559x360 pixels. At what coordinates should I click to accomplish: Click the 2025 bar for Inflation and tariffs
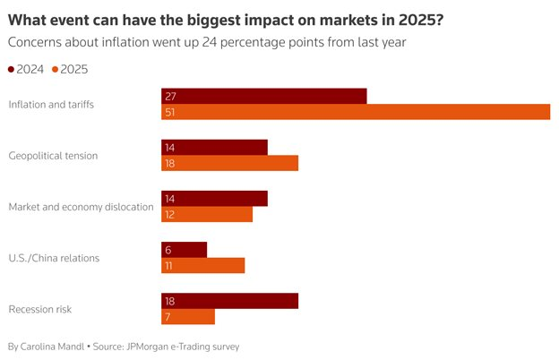pyautogui.click(x=356, y=112)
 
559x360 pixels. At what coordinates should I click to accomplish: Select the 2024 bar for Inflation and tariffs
pyautogui.click(x=264, y=96)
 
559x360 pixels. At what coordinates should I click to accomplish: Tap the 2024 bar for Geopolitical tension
pyautogui.click(x=214, y=147)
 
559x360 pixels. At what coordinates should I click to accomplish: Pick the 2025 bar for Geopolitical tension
pyautogui.click(x=229, y=163)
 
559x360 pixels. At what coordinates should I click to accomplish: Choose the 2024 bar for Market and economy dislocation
pyautogui.click(x=214, y=198)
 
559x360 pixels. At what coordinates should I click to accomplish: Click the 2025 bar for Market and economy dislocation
pyautogui.click(x=207, y=214)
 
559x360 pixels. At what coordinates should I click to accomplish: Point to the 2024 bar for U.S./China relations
pyautogui.click(x=184, y=250)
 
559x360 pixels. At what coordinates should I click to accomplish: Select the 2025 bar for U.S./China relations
pyautogui.click(x=202, y=266)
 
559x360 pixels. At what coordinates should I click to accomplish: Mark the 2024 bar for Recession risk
pyautogui.click(x=229, y=301)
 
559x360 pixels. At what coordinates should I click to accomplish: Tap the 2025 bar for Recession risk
pyautogui.click(x=188, y=317)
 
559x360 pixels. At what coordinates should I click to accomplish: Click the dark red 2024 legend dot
pyautogui.click(x=11, y=70)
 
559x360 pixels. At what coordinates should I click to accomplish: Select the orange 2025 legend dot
pyautogui.click(x=56, y=70)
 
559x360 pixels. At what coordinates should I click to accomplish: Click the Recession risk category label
pyautogui.click(x=39, y=310)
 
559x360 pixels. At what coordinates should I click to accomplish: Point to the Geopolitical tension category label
pyautogui.click(x=53, y=156)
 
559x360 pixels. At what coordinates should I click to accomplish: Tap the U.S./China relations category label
pyautogui.click(x=54, y=259)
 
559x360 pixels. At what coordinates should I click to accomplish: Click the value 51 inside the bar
pyautogui.click(x=170, y=112)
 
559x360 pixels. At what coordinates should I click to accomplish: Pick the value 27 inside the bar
pyautogui.click(x=170, y=96)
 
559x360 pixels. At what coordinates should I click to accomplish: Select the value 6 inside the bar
pyautogui.click(x=168, y=250)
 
